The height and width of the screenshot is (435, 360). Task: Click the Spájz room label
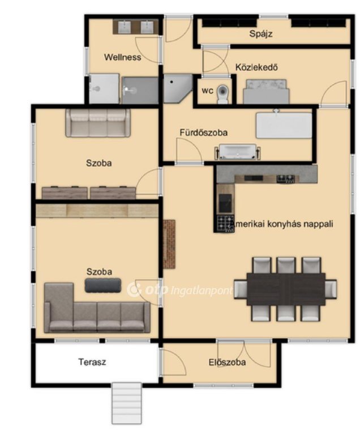coord(261,34)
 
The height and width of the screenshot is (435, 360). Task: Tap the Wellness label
coord(123,57)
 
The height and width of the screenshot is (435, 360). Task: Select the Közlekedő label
coord(256,67)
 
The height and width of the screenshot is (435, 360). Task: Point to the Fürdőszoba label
coord(204,133)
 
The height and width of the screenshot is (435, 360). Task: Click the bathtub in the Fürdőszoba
coord(237,152)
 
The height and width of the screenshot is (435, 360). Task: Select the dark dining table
coord(286,289)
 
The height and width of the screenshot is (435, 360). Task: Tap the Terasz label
coord(92,362)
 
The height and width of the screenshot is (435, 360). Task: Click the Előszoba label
coord(227,362)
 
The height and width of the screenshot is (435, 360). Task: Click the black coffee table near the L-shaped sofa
coord(103,285)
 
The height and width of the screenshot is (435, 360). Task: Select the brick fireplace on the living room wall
coord(169,244)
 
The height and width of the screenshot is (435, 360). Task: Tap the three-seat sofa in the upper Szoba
coord(98,122)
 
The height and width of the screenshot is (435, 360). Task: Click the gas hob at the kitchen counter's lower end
coord(225,224)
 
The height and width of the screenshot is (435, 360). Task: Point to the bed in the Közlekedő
coord(266,92)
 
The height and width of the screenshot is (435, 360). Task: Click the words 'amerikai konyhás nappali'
coord(283,224)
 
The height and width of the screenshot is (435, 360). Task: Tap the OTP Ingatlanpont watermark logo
coord(180,289)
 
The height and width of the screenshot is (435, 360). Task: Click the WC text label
coord(208,91)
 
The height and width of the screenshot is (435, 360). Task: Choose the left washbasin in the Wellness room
coord(125,27)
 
